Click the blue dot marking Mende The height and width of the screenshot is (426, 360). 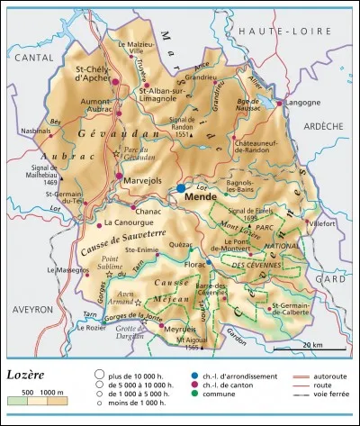tap(181, 187)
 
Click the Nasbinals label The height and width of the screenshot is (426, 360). tap(37, 131)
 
